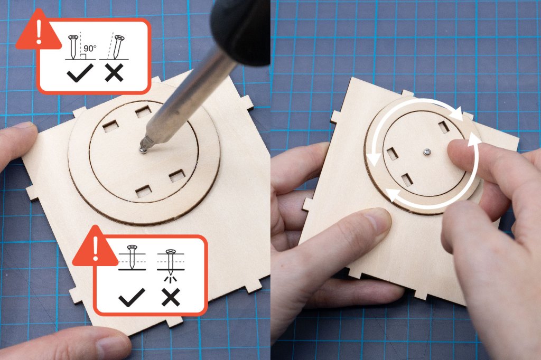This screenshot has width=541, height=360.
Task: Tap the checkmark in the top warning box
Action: [x=80, y=73]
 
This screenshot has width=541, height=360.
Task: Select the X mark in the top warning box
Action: [x=114, y=73]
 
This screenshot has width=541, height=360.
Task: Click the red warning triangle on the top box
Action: [x=39, y=30]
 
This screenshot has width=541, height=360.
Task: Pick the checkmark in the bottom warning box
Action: [x=132, y=297]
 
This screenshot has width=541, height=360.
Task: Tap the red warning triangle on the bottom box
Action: [x=95, y=246]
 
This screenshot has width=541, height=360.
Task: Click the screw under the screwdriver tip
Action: [x=143, y=149]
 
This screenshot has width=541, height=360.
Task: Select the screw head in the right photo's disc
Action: [x=427, y=151]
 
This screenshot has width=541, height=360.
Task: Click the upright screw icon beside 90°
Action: [x=73, y=46]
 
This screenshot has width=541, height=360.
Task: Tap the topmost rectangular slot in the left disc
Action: [x=143, y=111]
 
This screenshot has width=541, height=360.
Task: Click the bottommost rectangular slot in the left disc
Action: [x=144, y=192]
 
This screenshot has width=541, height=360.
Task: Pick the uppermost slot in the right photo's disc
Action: [x=444, y=126]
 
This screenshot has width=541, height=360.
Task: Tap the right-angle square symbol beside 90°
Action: [x=83, y=56]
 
